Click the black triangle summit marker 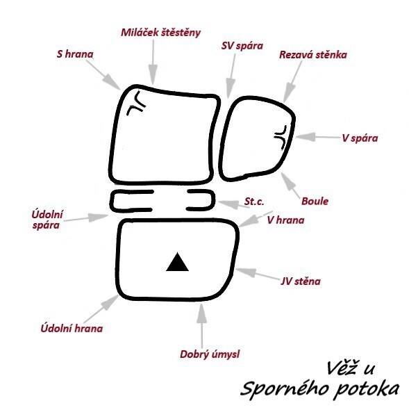(177, 263)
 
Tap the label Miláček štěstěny (161, 33)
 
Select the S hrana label (75, 54)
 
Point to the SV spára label (242, 46)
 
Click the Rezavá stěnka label (313, 55)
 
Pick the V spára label (360, 138)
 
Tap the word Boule (315, 201)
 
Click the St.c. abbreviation (254, 202)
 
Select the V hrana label (285, 220)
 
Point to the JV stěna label (301, 281)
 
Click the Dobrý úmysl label (210, 354)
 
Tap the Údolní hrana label (72, 329)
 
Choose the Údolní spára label (47, 220)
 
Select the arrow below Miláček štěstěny (153, 62)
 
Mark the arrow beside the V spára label (317, 137)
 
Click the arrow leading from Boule (291, 185)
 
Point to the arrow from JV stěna (257, 274)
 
